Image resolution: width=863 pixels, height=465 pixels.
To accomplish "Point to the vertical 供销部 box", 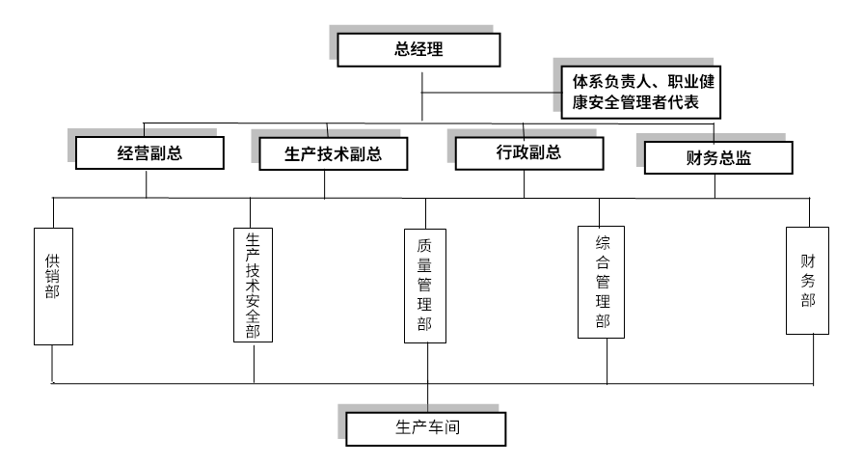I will coord(52,287).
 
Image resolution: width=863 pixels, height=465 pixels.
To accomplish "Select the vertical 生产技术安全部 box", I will coord(254,285).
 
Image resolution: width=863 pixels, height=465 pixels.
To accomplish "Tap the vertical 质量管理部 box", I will coord(425,286).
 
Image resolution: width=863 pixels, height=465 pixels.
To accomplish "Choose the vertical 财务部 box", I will coord(807,281).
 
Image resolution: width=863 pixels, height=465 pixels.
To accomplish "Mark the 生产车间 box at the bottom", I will coord(425,427).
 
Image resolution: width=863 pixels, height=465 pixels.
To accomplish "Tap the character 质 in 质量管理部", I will coord(425,246).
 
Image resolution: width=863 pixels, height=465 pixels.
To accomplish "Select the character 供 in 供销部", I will coord(52,261).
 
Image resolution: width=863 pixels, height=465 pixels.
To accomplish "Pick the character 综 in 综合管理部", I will coord(603,242).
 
